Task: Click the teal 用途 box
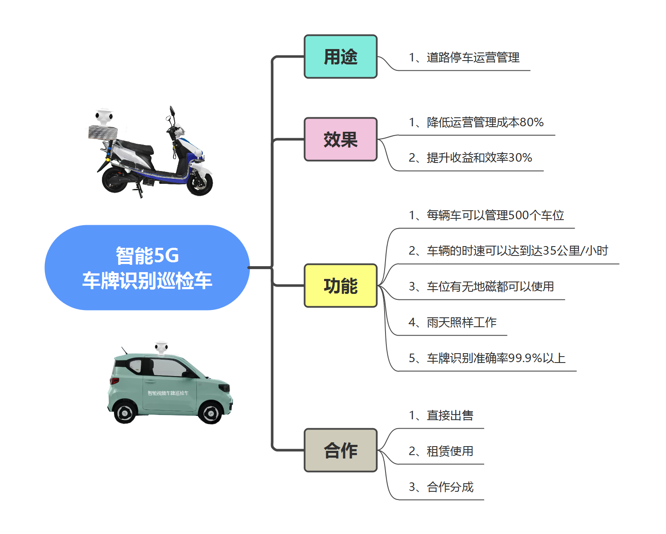(x=340, y=57)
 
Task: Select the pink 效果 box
(x=340, y=139)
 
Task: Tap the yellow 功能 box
(x=340, y=286)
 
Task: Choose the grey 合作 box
(x=340, y=450)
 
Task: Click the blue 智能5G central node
(x=147, y=268)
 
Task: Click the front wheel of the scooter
(x=200, y=183)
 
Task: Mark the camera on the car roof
(x=161, y=348)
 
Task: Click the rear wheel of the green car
(x=124, y=412)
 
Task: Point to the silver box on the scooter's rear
(x=103, y=133)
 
